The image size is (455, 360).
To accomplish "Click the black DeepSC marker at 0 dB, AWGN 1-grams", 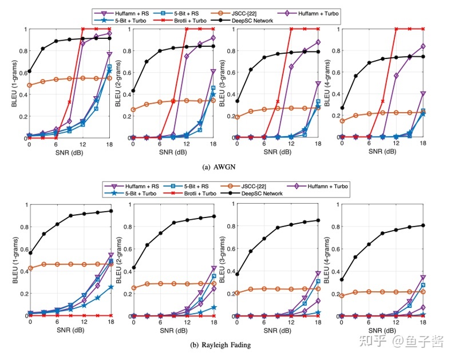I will point(29,72).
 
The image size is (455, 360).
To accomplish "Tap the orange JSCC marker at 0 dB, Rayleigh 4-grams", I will point(342,296).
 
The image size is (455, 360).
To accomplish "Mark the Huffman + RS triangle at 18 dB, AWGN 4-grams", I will point(424,93).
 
